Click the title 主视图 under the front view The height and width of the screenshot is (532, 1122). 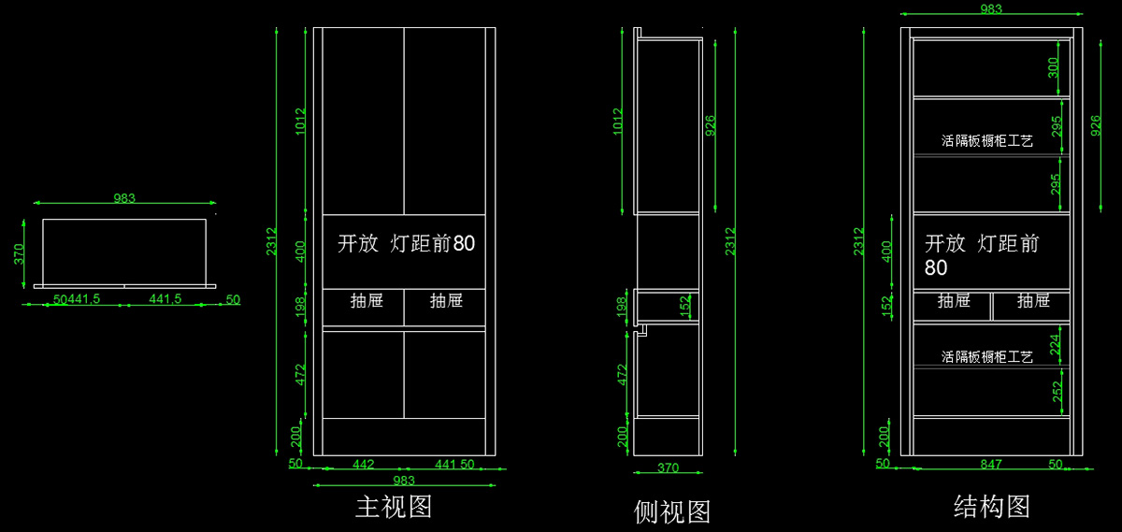tap(393, 508)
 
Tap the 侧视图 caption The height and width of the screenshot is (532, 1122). tap(672, 511)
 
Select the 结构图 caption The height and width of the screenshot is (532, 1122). tap(992, 507)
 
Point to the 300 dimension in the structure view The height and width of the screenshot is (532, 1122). tap(1054, 67)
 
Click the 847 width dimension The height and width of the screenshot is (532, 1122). tap(991, 464)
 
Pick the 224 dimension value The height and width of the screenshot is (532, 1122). tap(1056, 345)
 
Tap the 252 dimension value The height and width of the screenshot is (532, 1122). tap(1056, 392)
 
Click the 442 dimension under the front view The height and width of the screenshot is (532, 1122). tap(363, 464)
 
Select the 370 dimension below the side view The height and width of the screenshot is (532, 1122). tap(668, 468)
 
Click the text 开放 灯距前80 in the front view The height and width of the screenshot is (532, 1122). tap(406, 244)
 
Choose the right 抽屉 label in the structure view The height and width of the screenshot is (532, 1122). tap(1033, 301)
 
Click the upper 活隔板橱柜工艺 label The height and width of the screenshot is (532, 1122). tap(986, 141)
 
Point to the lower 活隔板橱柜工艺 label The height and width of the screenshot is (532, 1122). tap(986, 357)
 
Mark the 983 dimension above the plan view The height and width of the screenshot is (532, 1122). tap(124, 198)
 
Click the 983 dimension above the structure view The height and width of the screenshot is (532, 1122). tap(991, 9)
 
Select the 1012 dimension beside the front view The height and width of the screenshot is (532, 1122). tap(301, 122)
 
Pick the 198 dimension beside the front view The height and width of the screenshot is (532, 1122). tap(301, 307)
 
